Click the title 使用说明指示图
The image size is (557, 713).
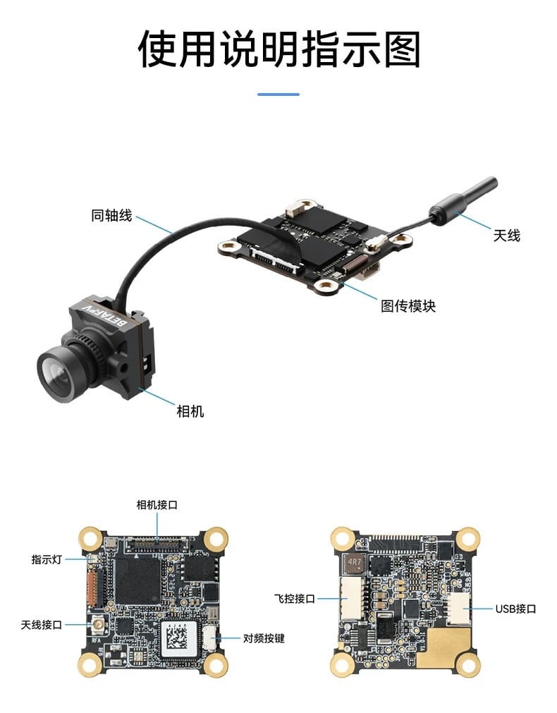tap(278, 49)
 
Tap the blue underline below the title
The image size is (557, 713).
tap(278, 94)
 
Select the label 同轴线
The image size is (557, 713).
tap(111, 215)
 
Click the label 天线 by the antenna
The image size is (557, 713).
tap(507, 236)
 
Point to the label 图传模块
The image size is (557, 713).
tap(408, 306)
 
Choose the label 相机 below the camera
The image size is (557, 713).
tap(190, 411)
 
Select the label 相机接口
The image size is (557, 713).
tap(157, 505)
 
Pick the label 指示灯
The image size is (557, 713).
tap(47, 559)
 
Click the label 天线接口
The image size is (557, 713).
tap(42, 625)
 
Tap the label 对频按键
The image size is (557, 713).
tap(264, 638)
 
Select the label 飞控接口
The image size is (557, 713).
tap(295, 599)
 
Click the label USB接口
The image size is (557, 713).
tap(515, 609)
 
